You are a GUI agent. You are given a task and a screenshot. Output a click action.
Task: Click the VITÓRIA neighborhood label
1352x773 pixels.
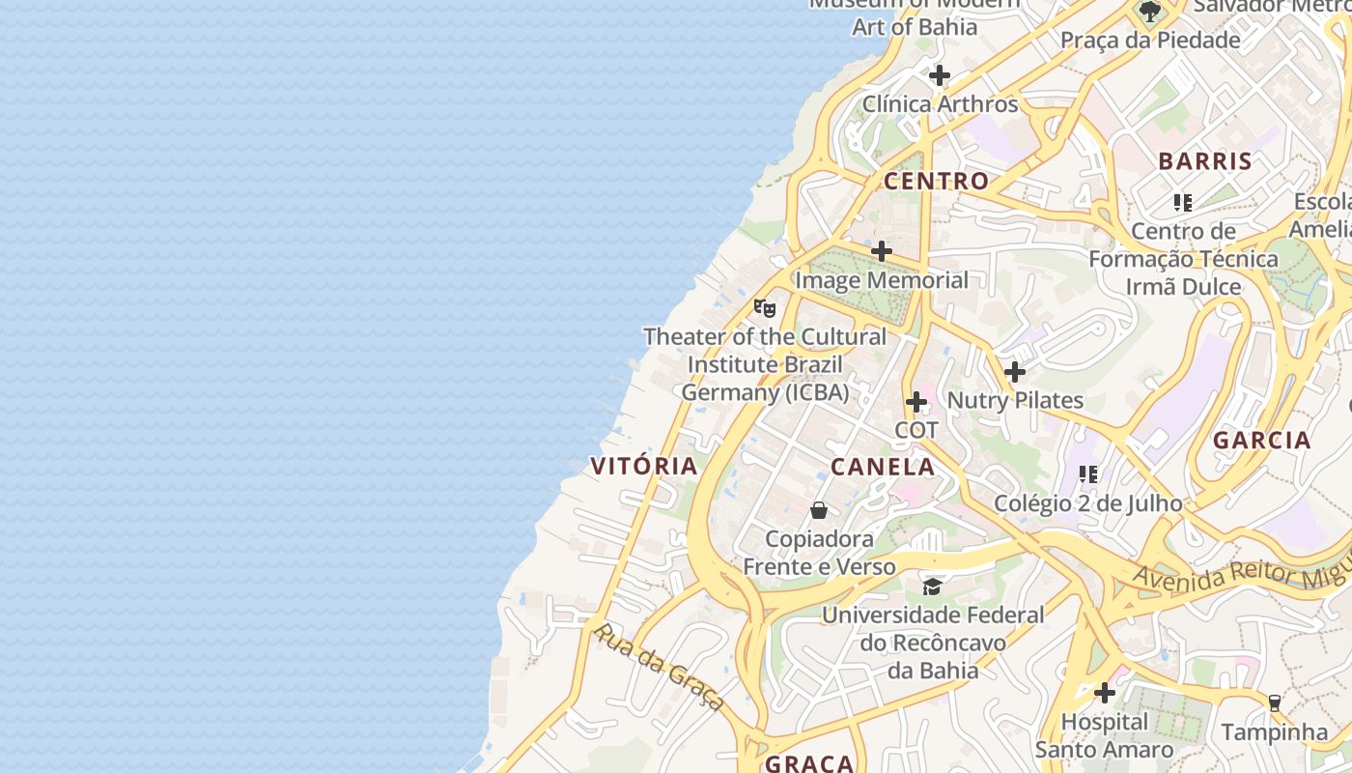point(644,466)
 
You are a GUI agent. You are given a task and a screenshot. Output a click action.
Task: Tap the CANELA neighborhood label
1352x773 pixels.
point(883,468)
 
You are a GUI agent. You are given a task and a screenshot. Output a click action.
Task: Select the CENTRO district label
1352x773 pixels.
point(936,181)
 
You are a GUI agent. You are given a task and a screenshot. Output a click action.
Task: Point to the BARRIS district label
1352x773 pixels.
point(1204,161)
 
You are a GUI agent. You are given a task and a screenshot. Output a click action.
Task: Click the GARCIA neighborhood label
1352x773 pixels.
point(1262,441)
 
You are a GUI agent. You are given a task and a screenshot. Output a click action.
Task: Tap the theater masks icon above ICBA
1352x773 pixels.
point(765,308)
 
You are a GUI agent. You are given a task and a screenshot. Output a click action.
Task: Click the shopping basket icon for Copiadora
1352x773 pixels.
point(819,510)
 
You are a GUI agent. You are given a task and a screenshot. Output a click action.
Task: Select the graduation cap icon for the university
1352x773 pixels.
point(932,587)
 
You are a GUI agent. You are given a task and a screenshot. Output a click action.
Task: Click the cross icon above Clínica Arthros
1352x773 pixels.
point(940,75)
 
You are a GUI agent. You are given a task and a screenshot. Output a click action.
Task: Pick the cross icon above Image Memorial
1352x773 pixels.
point(882,252)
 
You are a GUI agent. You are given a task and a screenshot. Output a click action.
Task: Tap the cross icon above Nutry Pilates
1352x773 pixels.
point(1015,372)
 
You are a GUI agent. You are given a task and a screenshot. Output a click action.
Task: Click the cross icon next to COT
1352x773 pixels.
point(916,402)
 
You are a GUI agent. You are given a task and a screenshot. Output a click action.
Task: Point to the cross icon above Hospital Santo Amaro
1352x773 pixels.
point(1105,693)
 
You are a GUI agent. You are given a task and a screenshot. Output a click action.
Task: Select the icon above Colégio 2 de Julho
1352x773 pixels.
point(1088,474)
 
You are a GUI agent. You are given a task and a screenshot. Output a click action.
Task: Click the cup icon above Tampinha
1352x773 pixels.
point(1274,703)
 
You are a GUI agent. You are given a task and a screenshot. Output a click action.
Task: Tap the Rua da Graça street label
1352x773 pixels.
point(658,667)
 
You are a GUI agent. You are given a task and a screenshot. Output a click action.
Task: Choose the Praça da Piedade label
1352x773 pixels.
point(1150,41)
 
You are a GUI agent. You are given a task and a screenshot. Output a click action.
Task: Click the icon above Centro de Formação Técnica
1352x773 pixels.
point(1183,203)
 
